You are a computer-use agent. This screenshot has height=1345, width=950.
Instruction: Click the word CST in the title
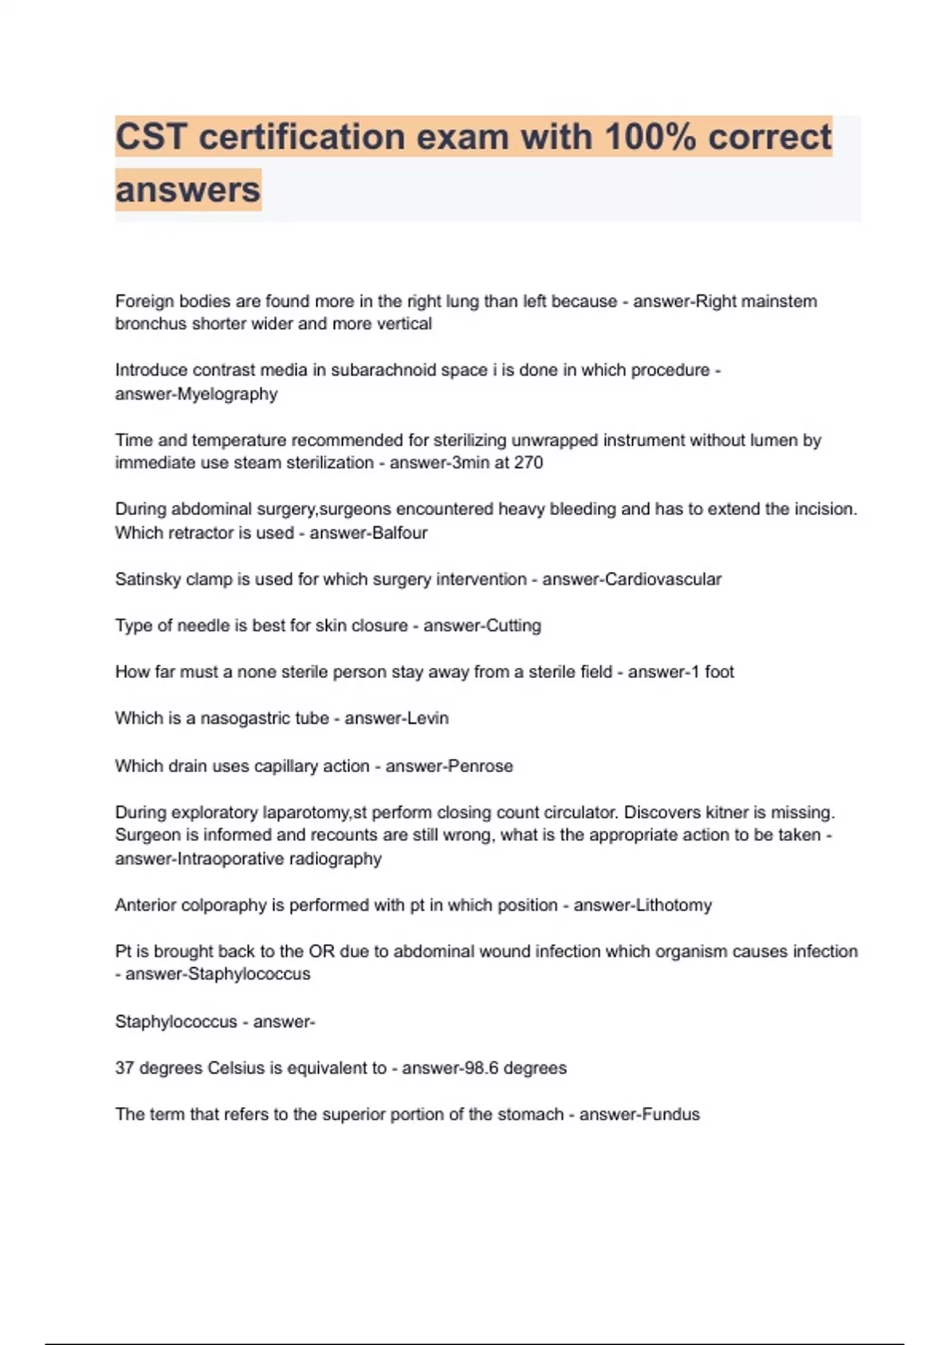tap(150, 137)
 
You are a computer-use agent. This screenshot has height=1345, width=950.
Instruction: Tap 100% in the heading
tap(650, 137)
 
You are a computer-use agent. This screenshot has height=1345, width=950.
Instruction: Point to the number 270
tap(528, 463)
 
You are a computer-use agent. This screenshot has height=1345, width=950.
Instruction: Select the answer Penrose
tap(481, 766)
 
